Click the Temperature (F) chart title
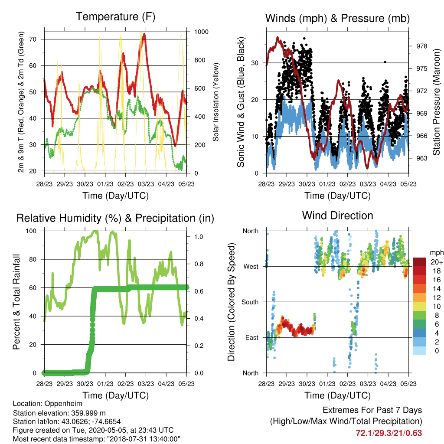pyautogui.click(x=115, y=17)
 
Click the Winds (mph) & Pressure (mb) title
pyautogui.click(x=337, y=18)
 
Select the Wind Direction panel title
pyautogui.click(x=337, y=215)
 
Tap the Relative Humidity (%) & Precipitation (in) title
pyautogui.click(x=115, y=219)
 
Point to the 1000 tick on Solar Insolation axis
pyautogui.click(x=201, y=32)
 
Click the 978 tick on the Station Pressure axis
pyautogui.click(x=421, y=46)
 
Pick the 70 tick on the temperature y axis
pyautogui.click(x=33, y=39)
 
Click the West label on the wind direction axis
pyautogui.click(x=251, y=267)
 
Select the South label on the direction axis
pyautogui.click(x=250, y=302)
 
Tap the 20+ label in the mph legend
pyautogui.click(x=437, y=262)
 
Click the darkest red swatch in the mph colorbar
pyautogui.click(x=420, y=262)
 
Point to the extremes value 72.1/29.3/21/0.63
pyautogui.click(x=389, y=433)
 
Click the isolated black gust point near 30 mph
pyautogui.click(x=385, y=62)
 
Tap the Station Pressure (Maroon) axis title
pyautogui.click(x=436, y=102)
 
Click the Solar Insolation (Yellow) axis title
pyautogui.click(x=216, y=102)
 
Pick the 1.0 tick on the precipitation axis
pyautogui.click(x=199, y=237)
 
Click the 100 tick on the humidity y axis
pyautogui.click(x=31, y=231)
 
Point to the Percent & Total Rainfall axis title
pyautogui.click(x=16, y=302)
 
